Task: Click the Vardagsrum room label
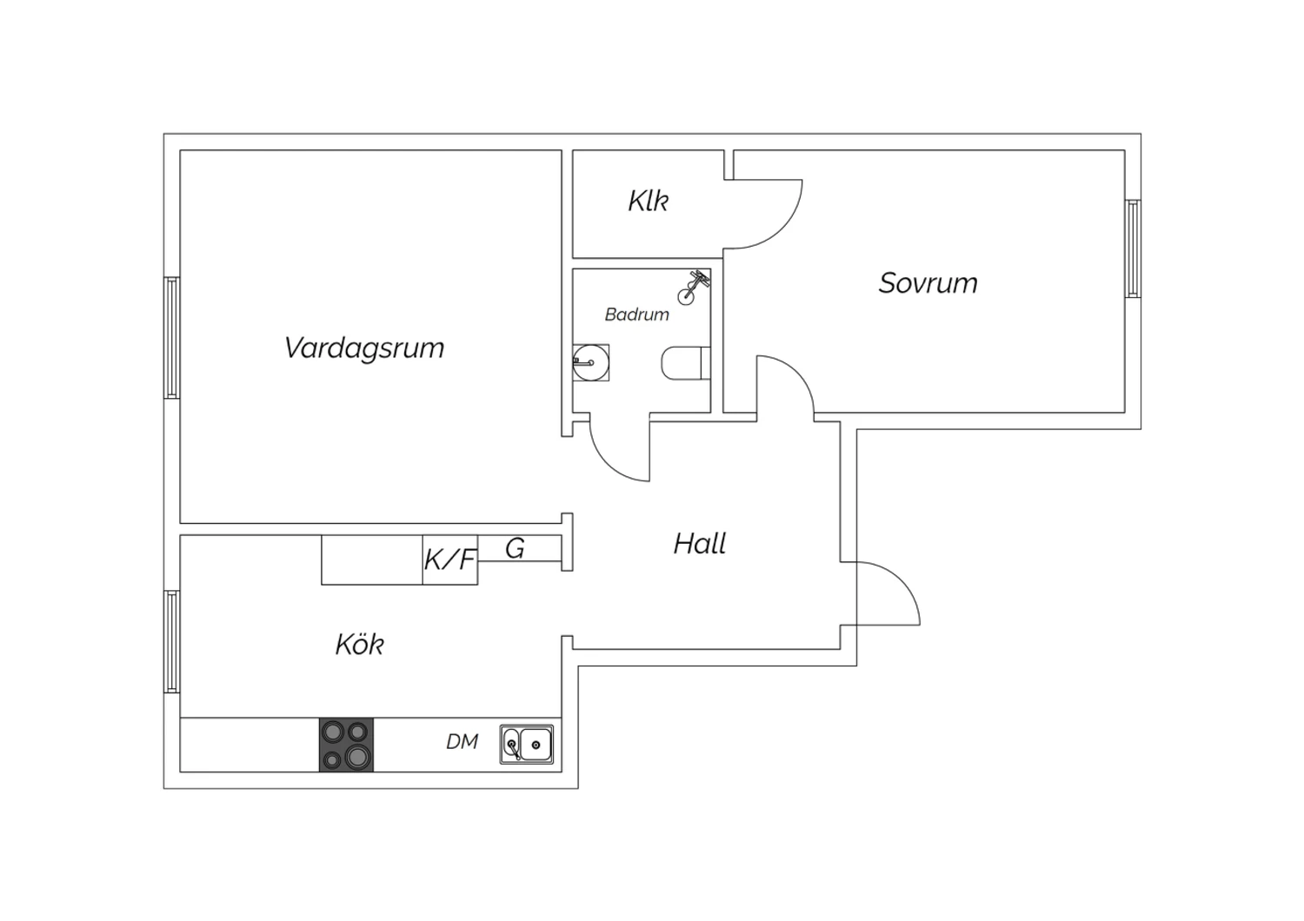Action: (364, 348)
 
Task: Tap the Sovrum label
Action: (928, 283)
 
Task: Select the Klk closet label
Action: (648, 201)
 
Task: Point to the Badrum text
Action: (637, 315)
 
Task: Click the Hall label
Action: (699, 544)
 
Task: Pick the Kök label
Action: (360, 644)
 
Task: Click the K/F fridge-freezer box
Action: (450, 560)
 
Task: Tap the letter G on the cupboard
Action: (515, 548)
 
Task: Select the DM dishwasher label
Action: (462, 742)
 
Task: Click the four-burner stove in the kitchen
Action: (346, 745)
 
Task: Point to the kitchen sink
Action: (527, 744)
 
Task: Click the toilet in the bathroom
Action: (686, 363)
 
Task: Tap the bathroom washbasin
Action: (590, 362)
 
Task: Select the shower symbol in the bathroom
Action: (694, 287)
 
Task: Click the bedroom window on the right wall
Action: (1133, 248)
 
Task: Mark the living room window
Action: (172, 338)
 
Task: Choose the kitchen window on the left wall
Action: (172, 642)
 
